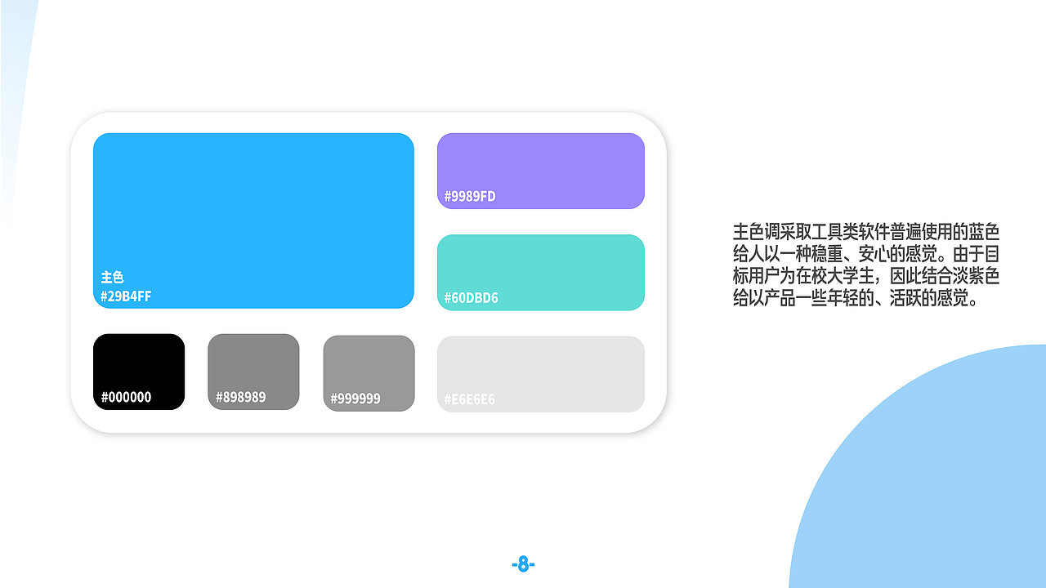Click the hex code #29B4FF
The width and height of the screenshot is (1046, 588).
coord(126,296)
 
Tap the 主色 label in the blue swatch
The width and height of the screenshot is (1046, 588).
coord(112,278)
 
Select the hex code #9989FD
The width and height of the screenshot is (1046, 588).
coord(470,196)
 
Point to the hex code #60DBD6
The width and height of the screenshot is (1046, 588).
coord(471,298)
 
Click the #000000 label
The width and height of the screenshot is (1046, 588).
coord(126,398)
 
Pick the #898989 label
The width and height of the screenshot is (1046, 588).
coord(240,398)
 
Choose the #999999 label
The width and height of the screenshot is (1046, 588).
coord(355,399)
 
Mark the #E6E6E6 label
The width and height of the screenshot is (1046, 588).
coord(470,399)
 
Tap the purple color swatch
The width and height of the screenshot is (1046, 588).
coord(541,163)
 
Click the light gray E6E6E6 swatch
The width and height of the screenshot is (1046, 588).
coord(541,367)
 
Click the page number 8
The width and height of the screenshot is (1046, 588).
coord(523,564)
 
